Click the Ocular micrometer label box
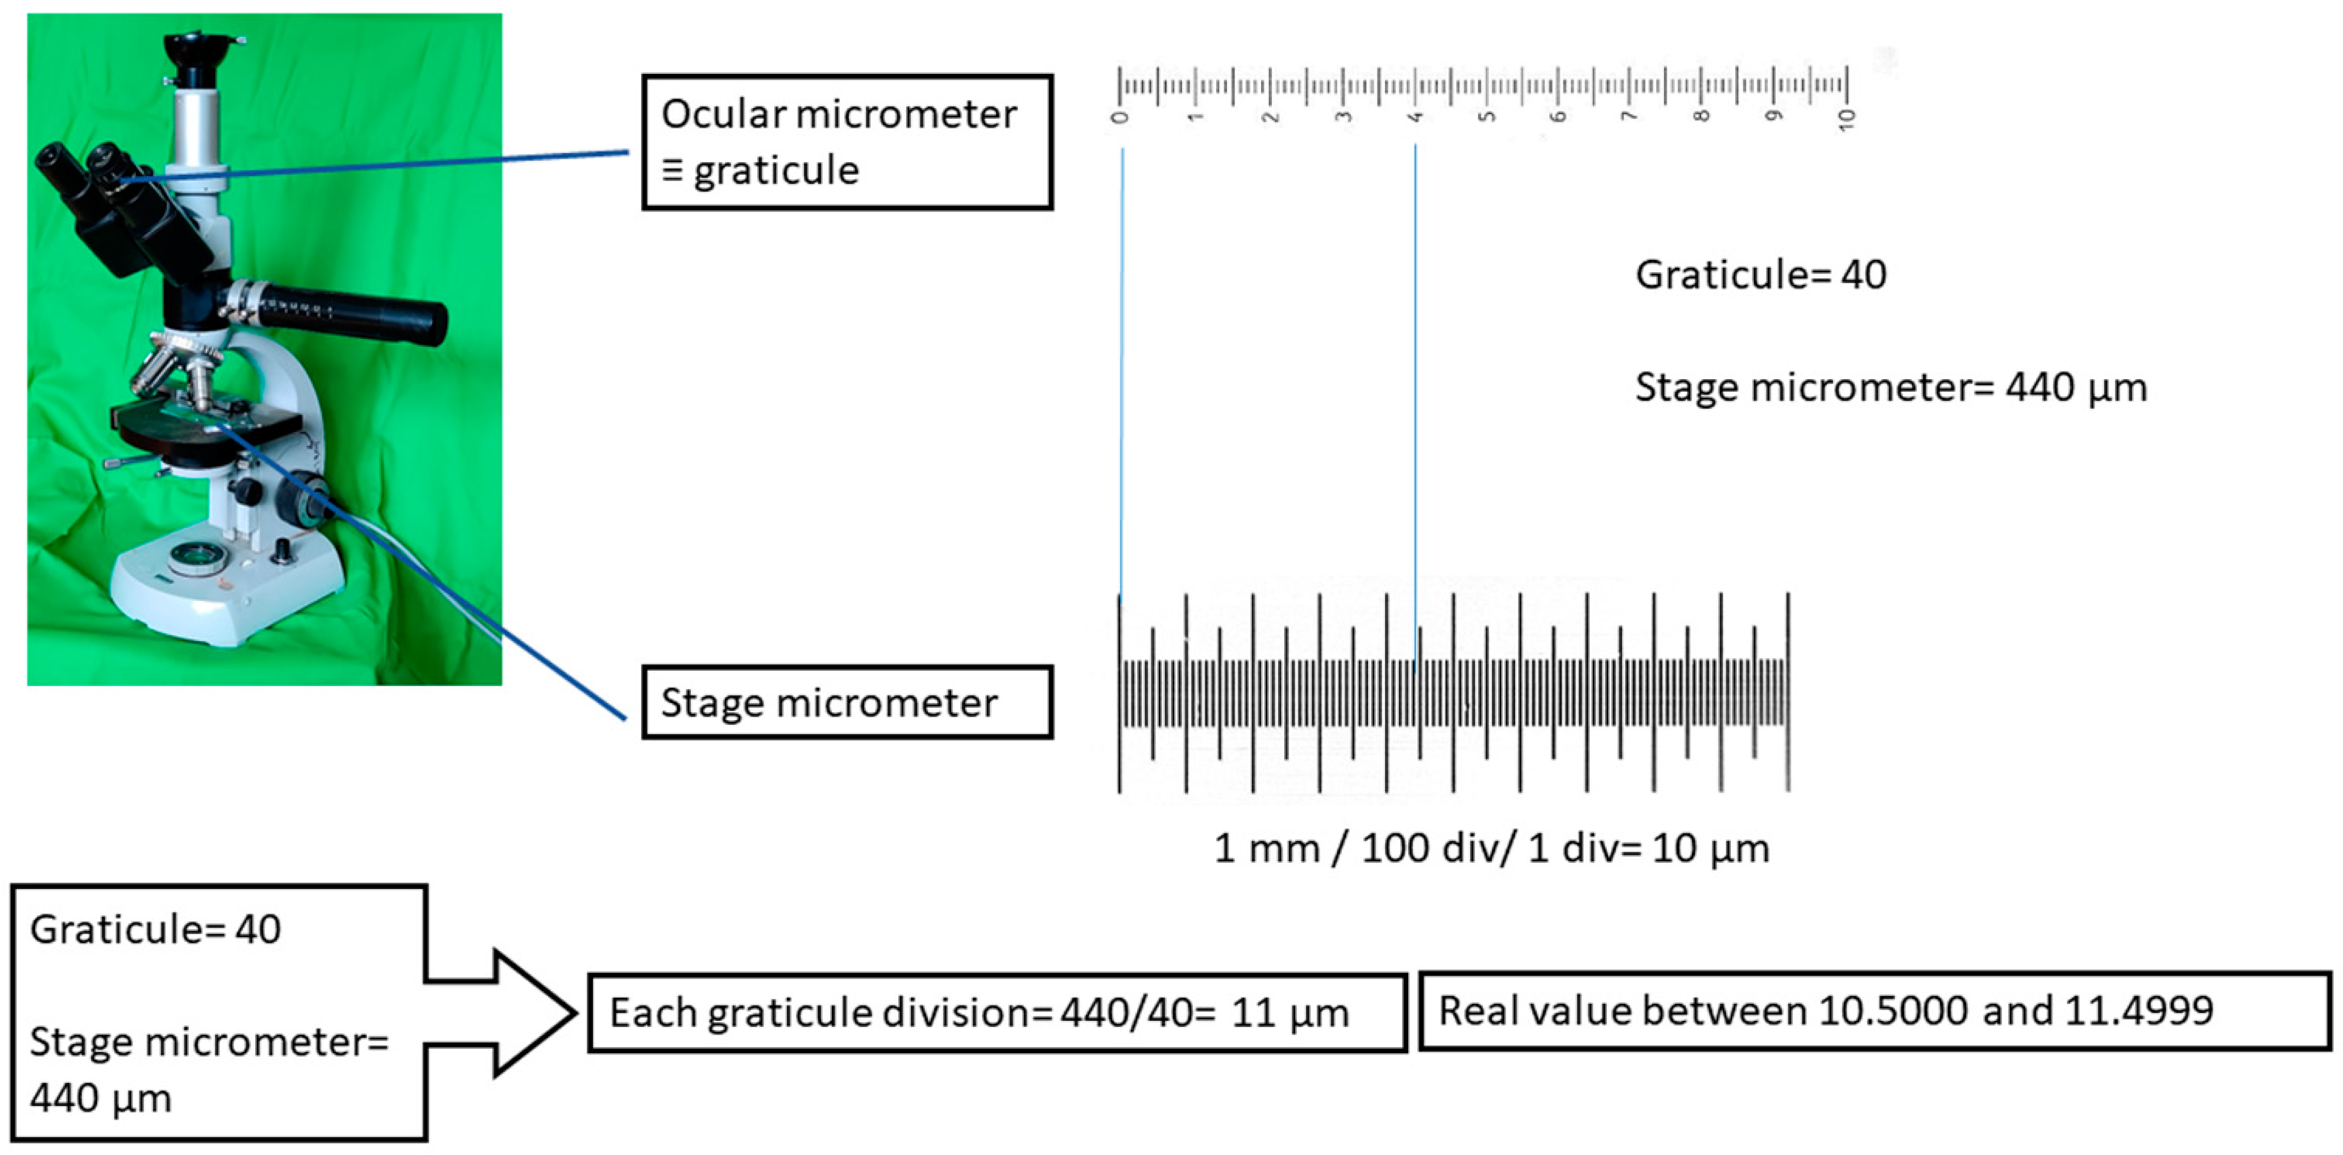click(x=847, y=142)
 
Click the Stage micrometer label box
click(x=847, y=702)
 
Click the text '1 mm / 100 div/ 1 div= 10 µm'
click(x=1492, y=849)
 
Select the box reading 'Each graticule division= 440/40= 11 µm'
click(x=997, y=1012)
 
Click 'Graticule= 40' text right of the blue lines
click(x=1761, y=275)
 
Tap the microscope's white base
click(x=227, y=591)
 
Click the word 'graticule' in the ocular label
click(x=776, y=171)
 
